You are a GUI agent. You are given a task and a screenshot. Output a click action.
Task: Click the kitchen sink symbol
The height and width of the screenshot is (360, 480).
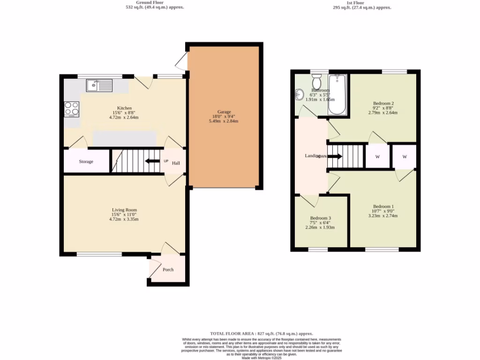point(99,85)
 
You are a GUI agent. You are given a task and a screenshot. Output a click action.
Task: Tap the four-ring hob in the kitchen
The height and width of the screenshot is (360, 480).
point(71,108)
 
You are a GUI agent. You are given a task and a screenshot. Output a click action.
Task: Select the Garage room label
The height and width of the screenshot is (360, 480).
point(224,112)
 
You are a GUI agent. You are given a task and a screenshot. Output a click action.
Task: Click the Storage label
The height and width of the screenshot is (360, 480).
point(86,162)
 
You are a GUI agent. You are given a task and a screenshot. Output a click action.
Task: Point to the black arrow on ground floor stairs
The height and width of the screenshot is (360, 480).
point(151,162)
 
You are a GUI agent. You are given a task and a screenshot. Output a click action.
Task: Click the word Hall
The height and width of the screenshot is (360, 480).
point(176,163)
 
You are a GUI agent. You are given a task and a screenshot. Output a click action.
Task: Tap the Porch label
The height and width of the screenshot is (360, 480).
point(168,270)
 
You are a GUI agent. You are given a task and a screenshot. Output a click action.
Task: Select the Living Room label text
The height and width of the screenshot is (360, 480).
point(124,210)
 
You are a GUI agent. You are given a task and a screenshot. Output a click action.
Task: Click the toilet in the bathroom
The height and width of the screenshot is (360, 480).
point(317,78)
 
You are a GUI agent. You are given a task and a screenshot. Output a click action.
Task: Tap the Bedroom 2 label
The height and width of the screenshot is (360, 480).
point(383,103)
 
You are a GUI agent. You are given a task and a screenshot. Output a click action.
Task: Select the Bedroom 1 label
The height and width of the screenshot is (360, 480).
point(383,207)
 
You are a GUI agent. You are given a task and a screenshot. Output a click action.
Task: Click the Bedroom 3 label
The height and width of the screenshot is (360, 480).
point(321,218)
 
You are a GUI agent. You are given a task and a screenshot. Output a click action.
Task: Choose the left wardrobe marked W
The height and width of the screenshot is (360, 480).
point(377,157)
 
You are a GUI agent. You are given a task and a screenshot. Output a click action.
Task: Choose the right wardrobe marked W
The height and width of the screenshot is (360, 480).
point(404,157)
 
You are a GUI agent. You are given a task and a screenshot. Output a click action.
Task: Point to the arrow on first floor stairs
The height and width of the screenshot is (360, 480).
point(336,157)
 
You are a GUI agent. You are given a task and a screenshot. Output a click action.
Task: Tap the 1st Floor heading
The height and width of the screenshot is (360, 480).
point(359,2)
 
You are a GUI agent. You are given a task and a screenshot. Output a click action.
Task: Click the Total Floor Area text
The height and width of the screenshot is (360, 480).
point(262,333)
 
